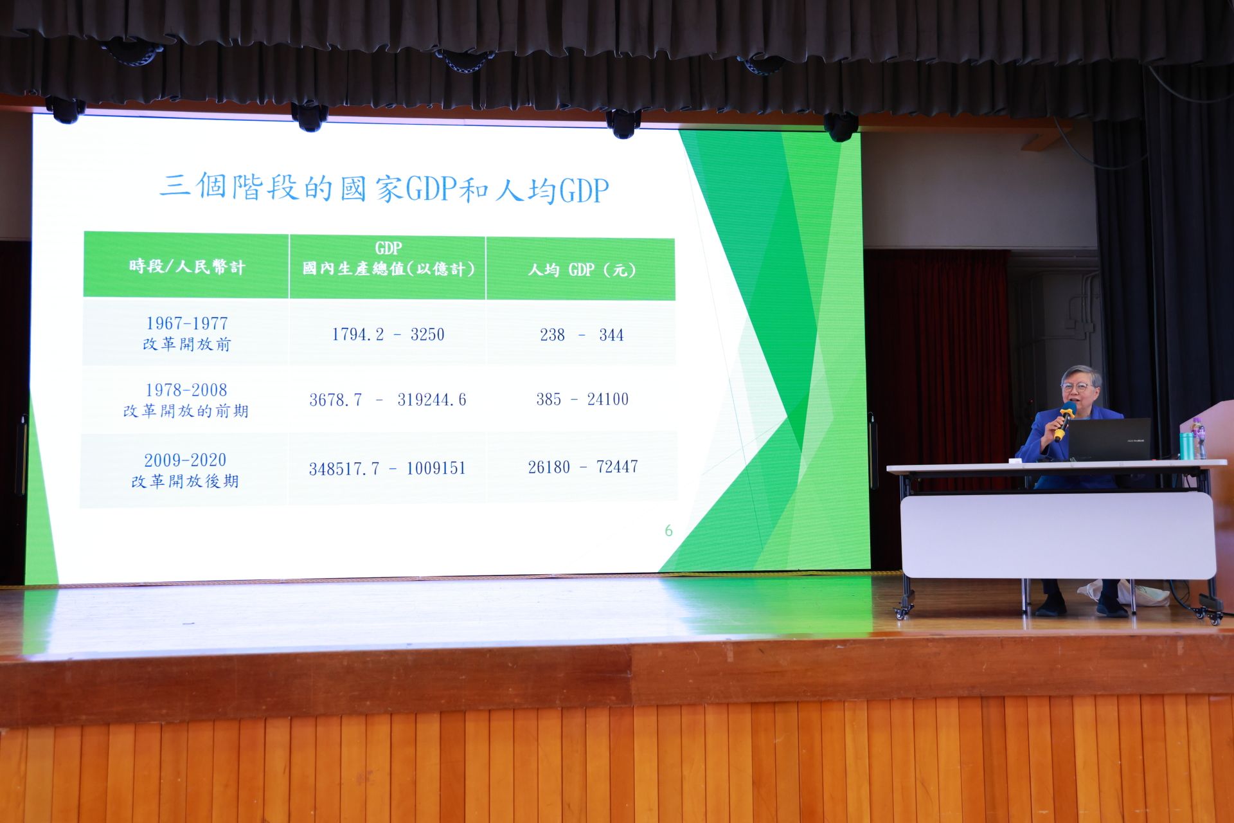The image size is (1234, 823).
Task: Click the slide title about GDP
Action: tap(384, 188)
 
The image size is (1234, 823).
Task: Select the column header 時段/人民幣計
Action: tap(187, 266)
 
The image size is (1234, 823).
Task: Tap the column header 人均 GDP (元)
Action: tap(582, 269)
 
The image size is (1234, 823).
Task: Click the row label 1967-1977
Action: tap(187, 323)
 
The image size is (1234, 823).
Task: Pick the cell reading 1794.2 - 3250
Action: tap(388, 334)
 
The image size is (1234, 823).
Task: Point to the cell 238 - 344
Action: tap(582, 335)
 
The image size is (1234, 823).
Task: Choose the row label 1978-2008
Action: tap(186, 390)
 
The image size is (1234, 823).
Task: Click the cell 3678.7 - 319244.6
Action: tap(388, 400)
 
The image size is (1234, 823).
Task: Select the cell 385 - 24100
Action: tap(582, 399)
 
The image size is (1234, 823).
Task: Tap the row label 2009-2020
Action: tap(185, 460)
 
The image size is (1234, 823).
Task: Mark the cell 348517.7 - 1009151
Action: tap(387, 468)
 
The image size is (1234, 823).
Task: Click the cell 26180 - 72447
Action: tap(583, 467)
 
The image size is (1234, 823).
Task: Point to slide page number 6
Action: tap(668, 530)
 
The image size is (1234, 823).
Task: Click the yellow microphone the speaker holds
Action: tap(1063, 421)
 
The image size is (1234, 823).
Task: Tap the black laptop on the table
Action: tap(1109, 440)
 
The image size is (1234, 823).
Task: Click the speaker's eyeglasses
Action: tap(1076, 387)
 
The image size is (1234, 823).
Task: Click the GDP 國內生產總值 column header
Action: tap(388, 258)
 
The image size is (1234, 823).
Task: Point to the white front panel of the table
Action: tap(1058, 536)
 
